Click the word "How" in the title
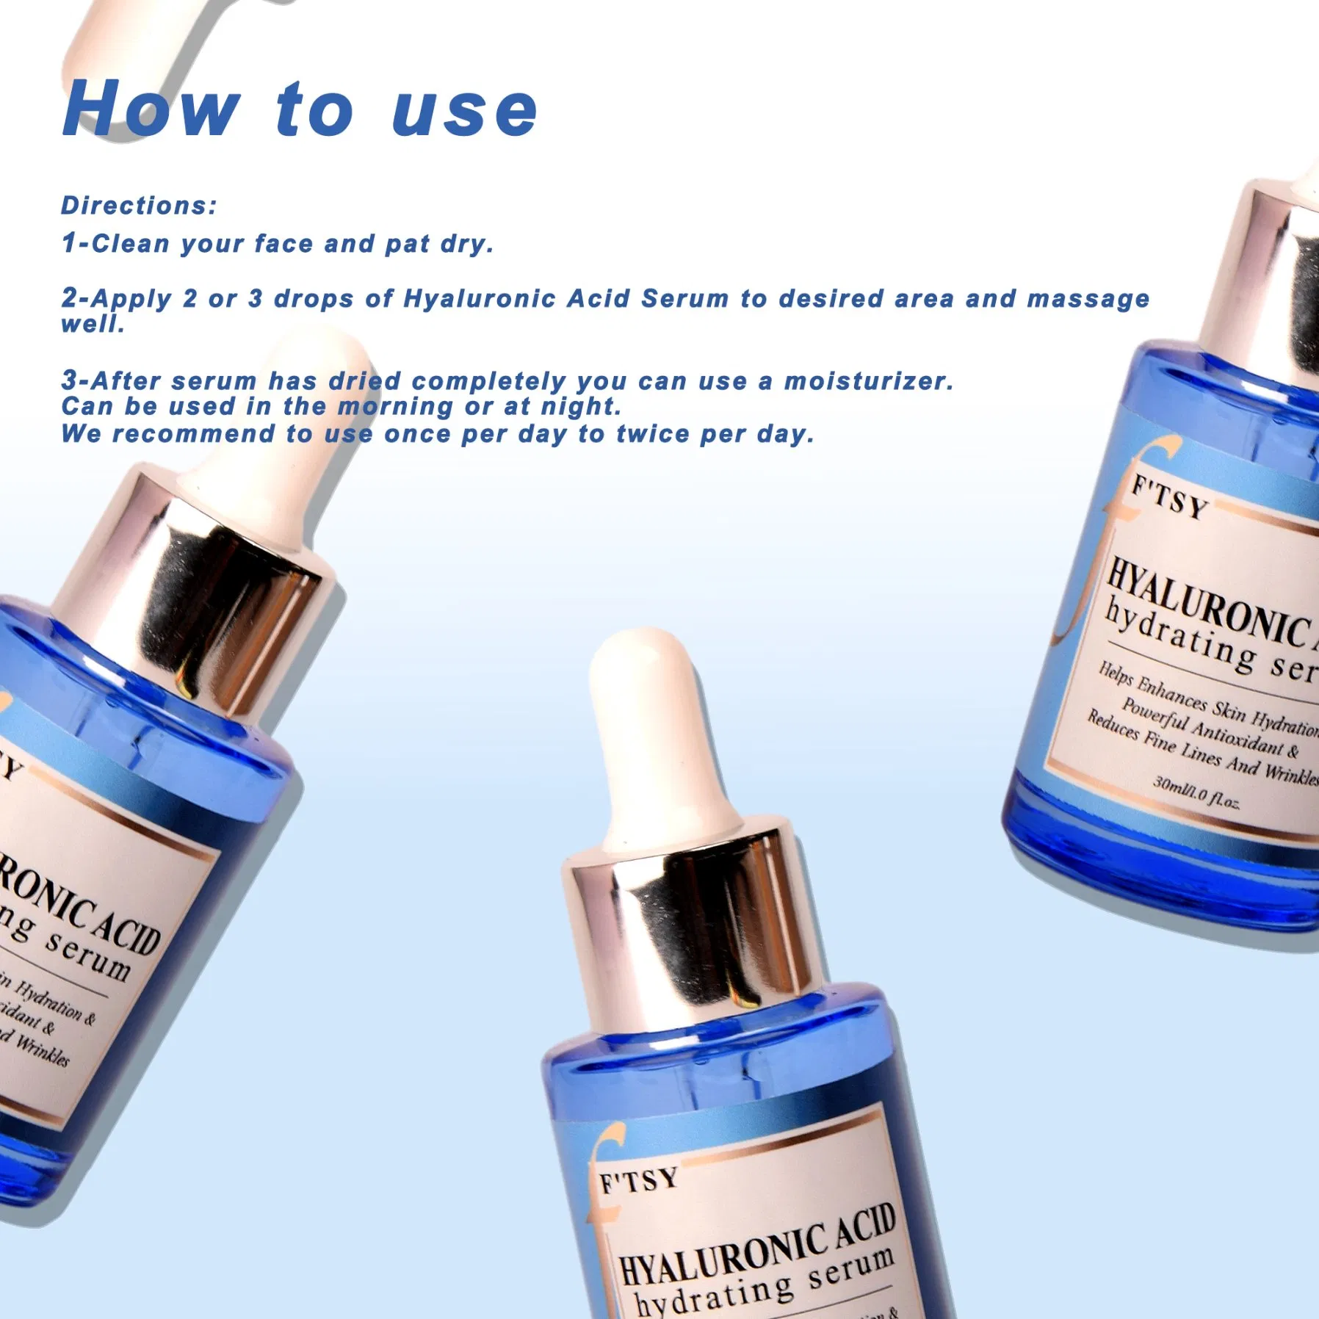click(151, 110)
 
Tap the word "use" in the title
click(464, 112)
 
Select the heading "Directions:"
click(139, 206)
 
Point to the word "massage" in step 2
click(1088, 300)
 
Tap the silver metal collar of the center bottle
click(698, 925)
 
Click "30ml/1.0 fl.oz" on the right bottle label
click(1196, 792)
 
